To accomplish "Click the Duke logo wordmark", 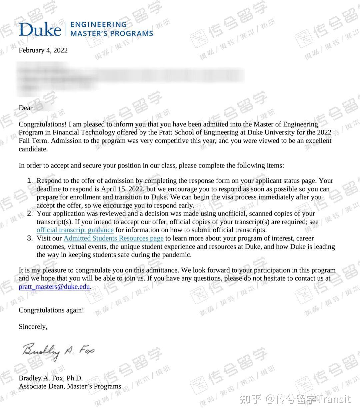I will point(40,29).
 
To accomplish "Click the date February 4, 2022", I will point(43,50).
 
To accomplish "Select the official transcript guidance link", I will point(75,230).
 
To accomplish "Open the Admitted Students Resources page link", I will point(113,238).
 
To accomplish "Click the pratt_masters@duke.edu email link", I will point(54,287).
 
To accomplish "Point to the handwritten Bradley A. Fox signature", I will point(58,351).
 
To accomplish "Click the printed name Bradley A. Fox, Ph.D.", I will point(51,378).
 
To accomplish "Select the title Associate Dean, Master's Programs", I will point(70,386).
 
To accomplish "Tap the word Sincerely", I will point(33,327).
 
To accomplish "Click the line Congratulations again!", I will point(51,310).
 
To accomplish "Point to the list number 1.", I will point(30,181).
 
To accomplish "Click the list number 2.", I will point(30,214).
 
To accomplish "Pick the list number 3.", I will point(30,238).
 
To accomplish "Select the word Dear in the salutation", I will point(26,108).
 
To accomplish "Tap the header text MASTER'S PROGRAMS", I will point(112,34).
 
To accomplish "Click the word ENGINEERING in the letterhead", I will point(99,25).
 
